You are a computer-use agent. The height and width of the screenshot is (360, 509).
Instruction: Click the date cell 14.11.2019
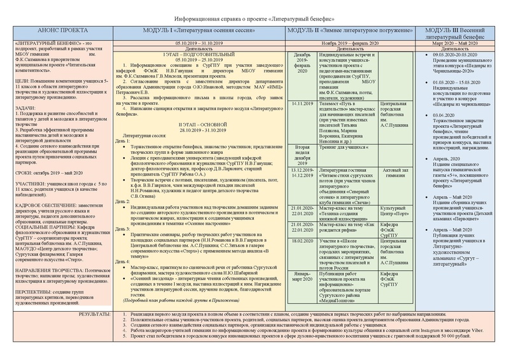[304, 103]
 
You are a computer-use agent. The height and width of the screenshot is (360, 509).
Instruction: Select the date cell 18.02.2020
[303, 241]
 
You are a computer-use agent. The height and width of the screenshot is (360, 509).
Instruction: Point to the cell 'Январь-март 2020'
[303, 277]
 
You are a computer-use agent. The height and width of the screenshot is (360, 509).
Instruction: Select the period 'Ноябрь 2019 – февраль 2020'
[349, 42]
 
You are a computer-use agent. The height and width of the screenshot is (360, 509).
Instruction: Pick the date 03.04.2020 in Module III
[435, 115]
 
